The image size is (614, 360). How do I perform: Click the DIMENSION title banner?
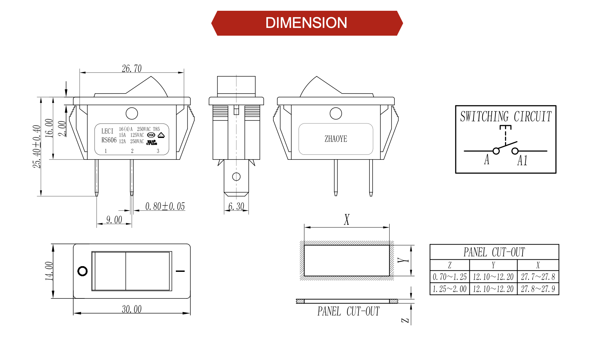(306, 23)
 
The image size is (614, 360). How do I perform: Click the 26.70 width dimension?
(131, 68)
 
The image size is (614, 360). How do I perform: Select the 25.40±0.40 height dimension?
(37, 147)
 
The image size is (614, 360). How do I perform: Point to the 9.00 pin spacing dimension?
(114, 220)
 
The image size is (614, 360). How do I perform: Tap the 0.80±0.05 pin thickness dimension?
(165, 206)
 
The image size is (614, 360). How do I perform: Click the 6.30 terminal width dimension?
(236, 206)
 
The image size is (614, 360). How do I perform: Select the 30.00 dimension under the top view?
(131, 309)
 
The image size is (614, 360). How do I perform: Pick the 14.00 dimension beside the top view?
(49, 271)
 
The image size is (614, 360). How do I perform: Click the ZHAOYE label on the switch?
(336, 139)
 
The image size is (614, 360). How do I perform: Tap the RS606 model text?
(109, 140)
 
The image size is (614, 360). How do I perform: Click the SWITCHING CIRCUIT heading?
(506, 116)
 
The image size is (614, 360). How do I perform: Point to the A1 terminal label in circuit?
(522, 160)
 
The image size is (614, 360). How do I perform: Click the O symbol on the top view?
(82, 271)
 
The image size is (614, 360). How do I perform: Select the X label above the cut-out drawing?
(347, 220)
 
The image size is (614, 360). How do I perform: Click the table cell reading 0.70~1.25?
(450, 277)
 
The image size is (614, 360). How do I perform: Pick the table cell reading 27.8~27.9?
(538, 289)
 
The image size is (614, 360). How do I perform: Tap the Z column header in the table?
(450, 265)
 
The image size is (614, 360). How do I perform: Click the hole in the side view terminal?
(236, 176)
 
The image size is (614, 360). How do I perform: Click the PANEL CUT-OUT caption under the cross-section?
(348, 311)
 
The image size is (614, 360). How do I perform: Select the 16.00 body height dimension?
(49, 128)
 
